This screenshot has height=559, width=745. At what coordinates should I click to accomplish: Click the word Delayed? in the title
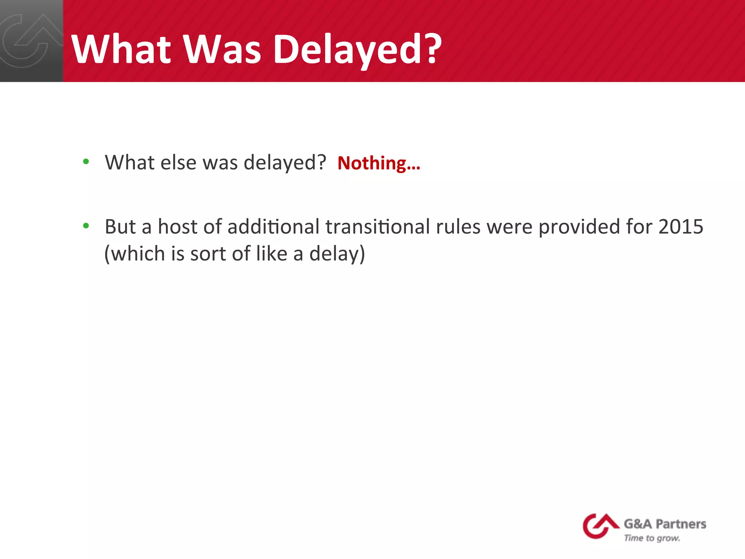point(357,49)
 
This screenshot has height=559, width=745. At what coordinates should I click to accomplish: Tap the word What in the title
point(121,49)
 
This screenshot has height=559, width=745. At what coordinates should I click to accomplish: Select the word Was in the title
point(222,49)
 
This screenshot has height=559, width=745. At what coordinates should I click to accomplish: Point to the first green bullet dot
point(86,161)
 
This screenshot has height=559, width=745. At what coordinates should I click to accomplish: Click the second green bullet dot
point(86,226)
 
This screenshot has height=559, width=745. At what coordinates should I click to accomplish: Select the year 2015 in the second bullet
point(681,227)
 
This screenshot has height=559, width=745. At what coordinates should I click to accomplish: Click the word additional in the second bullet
point(273,227)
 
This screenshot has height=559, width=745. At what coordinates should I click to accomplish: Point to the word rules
point(458,227)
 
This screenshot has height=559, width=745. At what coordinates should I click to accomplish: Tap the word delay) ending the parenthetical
point(337,254)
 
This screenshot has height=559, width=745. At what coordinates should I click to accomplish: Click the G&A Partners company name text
point(665,524)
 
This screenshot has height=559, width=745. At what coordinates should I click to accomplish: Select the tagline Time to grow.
point(652,538)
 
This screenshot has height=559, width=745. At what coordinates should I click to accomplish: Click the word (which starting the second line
point(135,254)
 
